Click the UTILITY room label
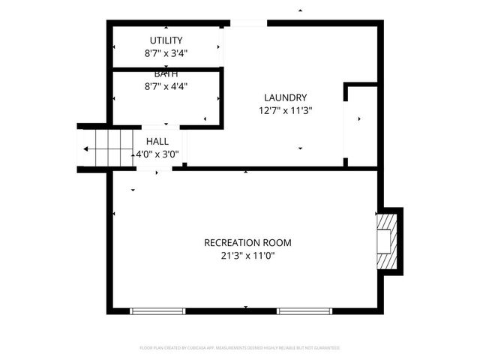point(166,40)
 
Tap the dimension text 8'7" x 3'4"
point(166,53)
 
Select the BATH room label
point(166,74)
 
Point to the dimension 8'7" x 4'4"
point(166,85)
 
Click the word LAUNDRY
point(285,97)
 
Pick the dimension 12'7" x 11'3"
point(285,110)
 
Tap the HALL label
point(157,141)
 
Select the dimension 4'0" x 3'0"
point(157,154)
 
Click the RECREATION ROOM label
point(247,243)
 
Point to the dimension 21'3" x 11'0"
point(247,256)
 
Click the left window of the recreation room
point(158,310)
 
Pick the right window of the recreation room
point(304,310)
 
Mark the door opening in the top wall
point(248,23)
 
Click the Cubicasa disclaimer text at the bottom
point(240,348)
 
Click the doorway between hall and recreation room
point(154,169)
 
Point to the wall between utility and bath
point(166,69)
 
